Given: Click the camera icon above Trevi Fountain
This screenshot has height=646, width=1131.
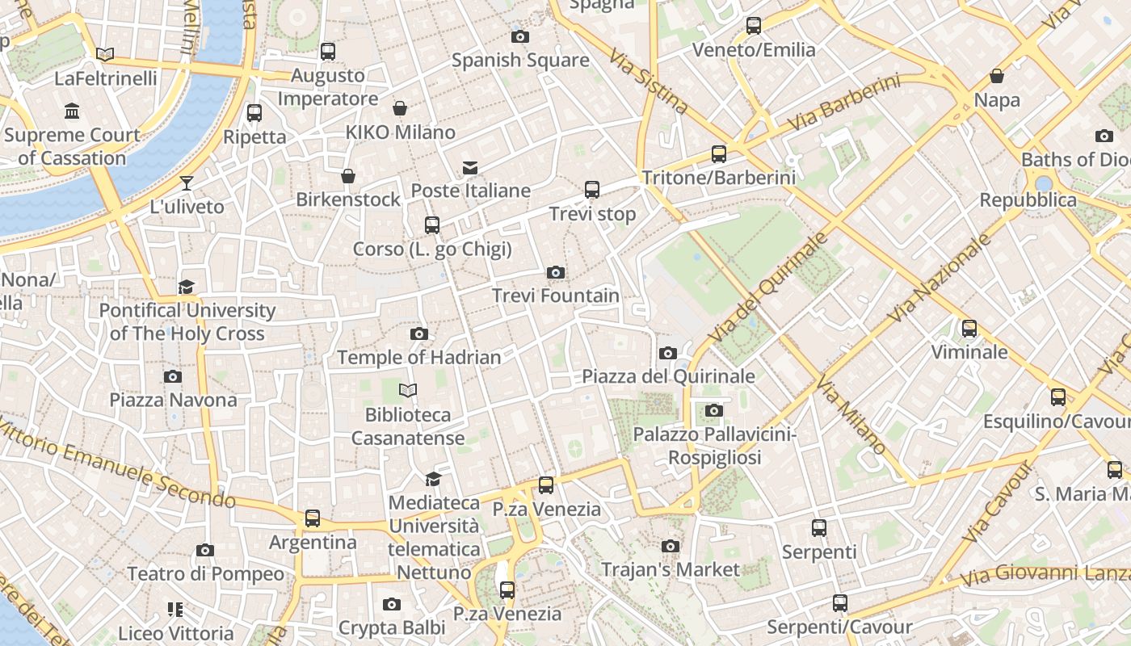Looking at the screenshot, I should [x=555, y=273].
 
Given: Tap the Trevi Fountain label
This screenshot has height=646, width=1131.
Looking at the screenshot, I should [x=556, y=296].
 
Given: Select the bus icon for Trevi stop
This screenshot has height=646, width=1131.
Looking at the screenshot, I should [x=592, y=190].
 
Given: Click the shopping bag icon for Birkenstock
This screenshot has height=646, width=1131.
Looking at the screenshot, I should [x=348, y=176].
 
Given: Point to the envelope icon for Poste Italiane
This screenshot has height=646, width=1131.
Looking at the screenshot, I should [x=469, y=168].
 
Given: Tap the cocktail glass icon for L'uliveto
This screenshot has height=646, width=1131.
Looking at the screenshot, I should [x=187, y=183].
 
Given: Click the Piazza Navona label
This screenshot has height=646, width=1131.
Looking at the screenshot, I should [x=173, y=400].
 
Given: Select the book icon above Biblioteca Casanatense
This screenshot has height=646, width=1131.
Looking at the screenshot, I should [x=408, y=391].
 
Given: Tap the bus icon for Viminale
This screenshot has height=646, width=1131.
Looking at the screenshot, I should [x=969, y=329].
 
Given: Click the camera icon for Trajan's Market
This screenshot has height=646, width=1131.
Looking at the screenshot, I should [x=670, y=547].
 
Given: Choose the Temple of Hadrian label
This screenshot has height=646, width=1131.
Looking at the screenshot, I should [x=418, y=357].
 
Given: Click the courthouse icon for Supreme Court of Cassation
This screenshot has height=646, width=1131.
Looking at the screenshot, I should [x=72, y=111].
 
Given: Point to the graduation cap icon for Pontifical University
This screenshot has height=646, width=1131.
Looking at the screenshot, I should [x=187, y=287].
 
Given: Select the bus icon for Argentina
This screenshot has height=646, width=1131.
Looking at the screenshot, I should [x=313, y=518].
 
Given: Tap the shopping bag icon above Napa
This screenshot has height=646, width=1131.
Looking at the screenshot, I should [x=997, y=77].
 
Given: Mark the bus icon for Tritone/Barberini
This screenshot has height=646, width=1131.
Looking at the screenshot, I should [x=719, y=154].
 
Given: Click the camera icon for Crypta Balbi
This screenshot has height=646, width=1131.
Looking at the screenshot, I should [x=392, y=605].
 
